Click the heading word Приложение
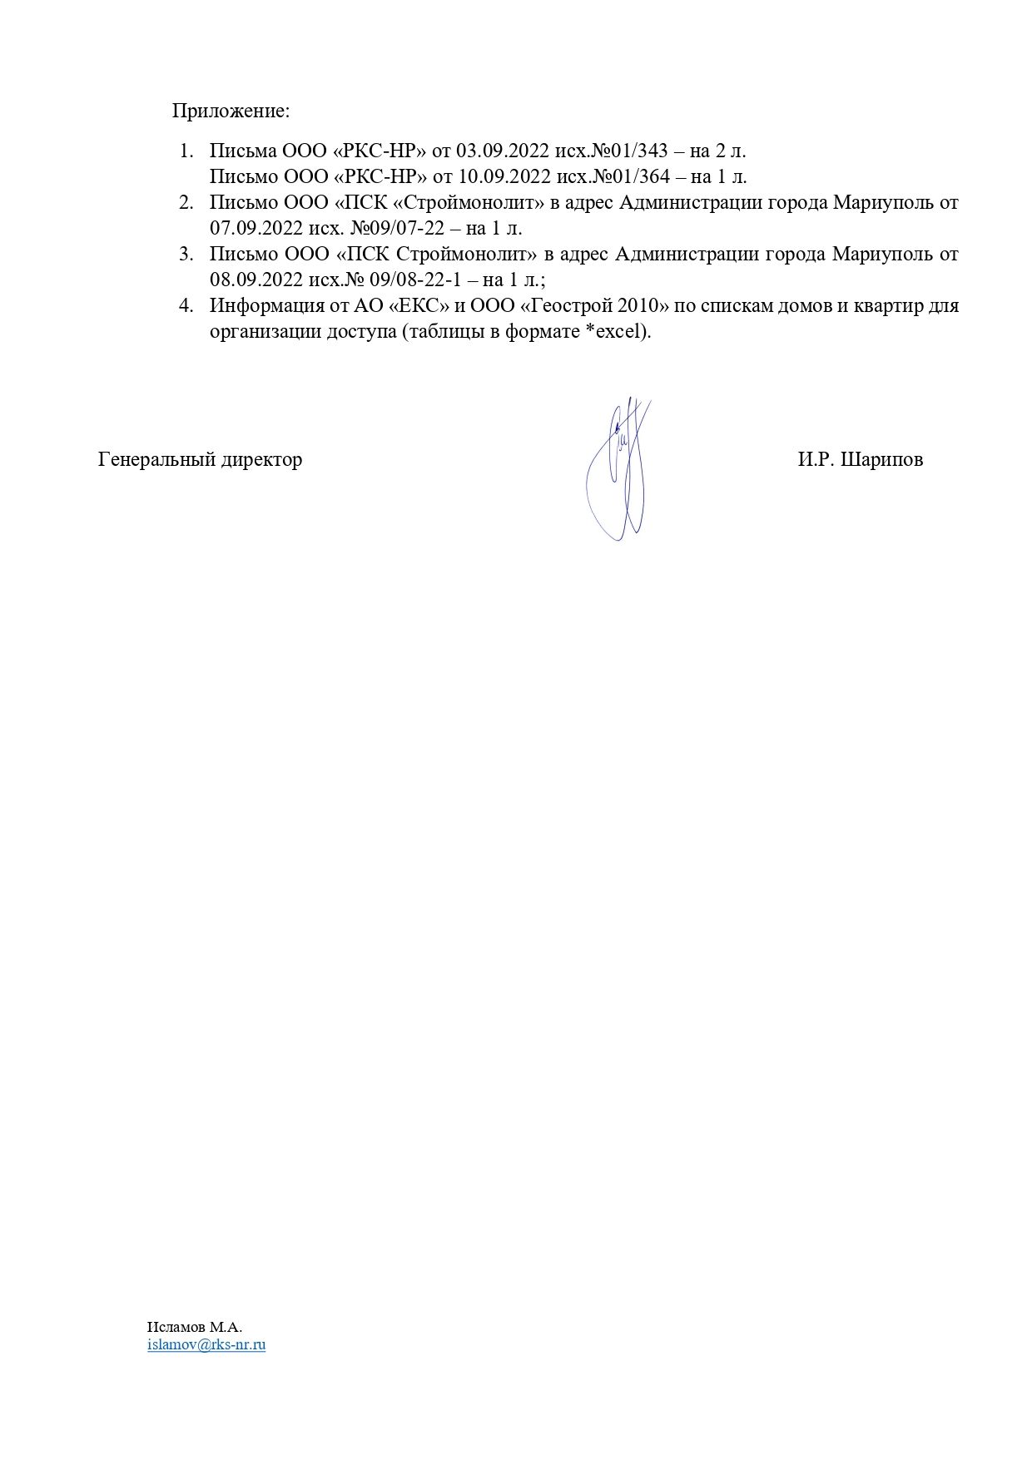click(231, 111)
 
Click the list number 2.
click(186, 202)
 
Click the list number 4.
click(186, 305)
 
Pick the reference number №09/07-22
click(394, 228)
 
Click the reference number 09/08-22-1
click(427, 280)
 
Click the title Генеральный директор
click(201, 459)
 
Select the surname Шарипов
click(882, 459)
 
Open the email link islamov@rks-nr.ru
click(206, 1344)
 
